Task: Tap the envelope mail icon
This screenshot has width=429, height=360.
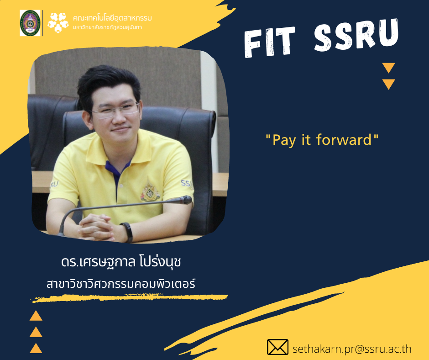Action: tap(277, 347)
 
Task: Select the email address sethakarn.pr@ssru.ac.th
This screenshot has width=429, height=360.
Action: tap(352, 349)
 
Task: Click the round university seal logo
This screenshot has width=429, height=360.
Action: tap(30, 23)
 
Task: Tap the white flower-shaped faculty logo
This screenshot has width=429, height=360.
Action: tap(58, 23)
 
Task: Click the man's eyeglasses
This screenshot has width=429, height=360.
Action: tap(115, 110)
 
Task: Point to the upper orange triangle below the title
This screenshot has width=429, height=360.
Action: tap(388, 68)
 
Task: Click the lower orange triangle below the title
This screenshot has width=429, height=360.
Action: tap(388, 84)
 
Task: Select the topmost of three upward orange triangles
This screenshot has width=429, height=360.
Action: tap(36, 316)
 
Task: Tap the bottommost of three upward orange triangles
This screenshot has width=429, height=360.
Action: tap(36, 348)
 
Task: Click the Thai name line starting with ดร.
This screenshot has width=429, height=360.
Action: tap(121, 262)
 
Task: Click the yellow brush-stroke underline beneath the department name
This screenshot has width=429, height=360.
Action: tap(129, 298)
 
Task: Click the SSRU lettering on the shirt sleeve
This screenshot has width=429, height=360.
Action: tap(187, 183)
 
